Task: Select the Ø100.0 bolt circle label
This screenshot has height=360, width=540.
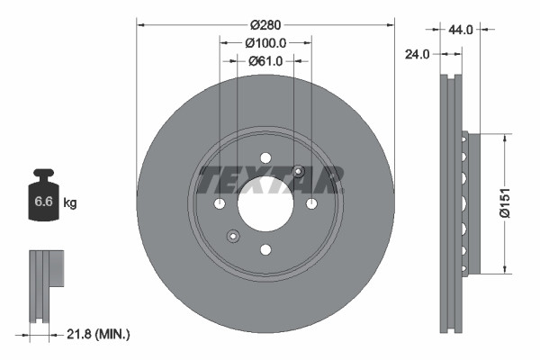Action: [x=265, y=42]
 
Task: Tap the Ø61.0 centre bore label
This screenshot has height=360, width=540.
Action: [x=265, y=60]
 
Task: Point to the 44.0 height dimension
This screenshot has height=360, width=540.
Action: [x=460, y=30]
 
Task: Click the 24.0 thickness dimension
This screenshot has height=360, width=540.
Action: [x=417, y=54]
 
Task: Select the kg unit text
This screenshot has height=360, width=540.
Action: [x=71, y=203]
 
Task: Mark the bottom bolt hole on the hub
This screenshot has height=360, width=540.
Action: [x=265, y=249]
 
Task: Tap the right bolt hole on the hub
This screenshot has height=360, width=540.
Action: [x=311, y=204]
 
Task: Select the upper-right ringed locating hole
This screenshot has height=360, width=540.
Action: [x=299, y=172]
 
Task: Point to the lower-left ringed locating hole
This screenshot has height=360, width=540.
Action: [x=233, y=237]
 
